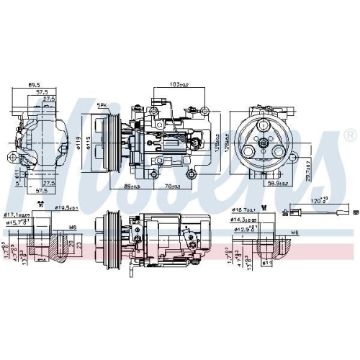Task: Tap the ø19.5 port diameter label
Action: pos(66,208)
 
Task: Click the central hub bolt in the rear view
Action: pos(264,143)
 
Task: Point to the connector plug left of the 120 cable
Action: pos(292,211)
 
